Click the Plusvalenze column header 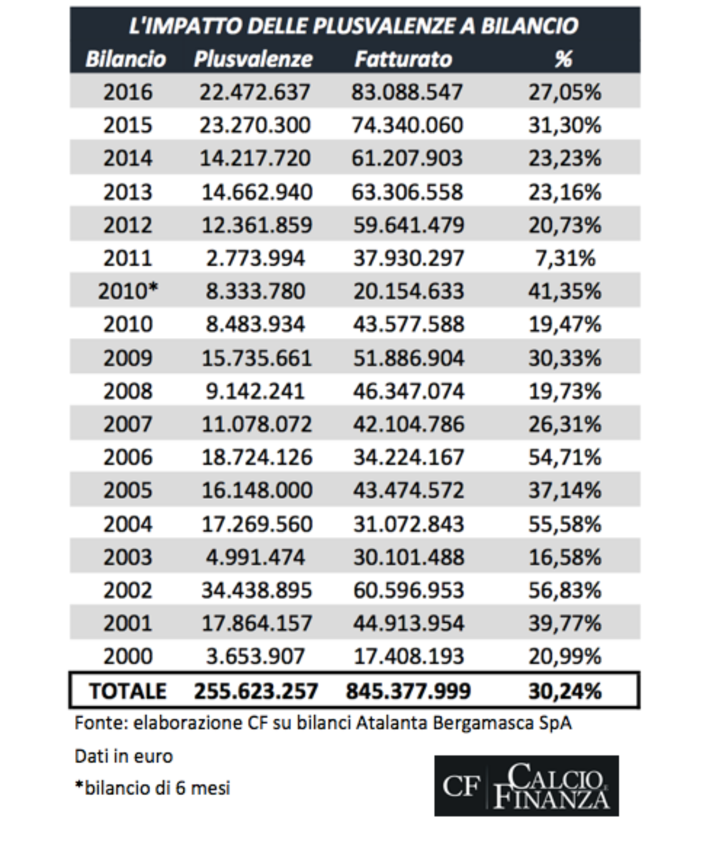pos(253,59)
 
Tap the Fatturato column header pos(403,59)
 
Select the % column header pos(563,59)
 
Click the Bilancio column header pos(126,59)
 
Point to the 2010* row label pos(128,291)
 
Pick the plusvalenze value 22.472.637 pos(255,92)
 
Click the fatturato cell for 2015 pos(407,125)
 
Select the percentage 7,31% pos(565,258)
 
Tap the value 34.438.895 pos(256,590)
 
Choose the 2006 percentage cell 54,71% pos(565,457)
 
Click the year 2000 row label pos(127,656)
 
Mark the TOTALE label pos(127,691)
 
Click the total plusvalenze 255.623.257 pos(256,691)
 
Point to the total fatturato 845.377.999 pos(408,691)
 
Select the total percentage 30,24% pos(565,691)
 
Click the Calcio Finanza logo pos(526,786)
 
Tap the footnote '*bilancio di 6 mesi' pos(152,788)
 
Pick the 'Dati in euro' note pos(123,756)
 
